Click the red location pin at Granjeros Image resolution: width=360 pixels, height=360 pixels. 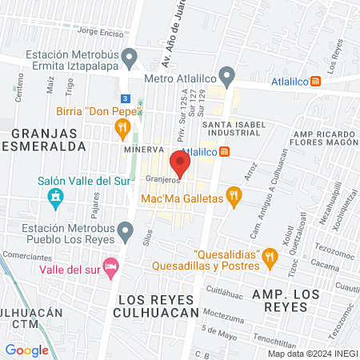[x=181, y=163]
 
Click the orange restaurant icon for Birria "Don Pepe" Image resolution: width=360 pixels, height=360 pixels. [x=122, y=127]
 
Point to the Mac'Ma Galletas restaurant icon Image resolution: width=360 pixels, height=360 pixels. [x=233, y=197]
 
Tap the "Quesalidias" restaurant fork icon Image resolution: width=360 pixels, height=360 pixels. [x=270, y=256]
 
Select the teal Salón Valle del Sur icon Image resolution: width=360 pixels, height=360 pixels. [x=55, y=196]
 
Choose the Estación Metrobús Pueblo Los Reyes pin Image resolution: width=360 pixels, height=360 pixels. [x=124, y=233]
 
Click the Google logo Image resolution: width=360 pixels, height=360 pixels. [x=26, y=350]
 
